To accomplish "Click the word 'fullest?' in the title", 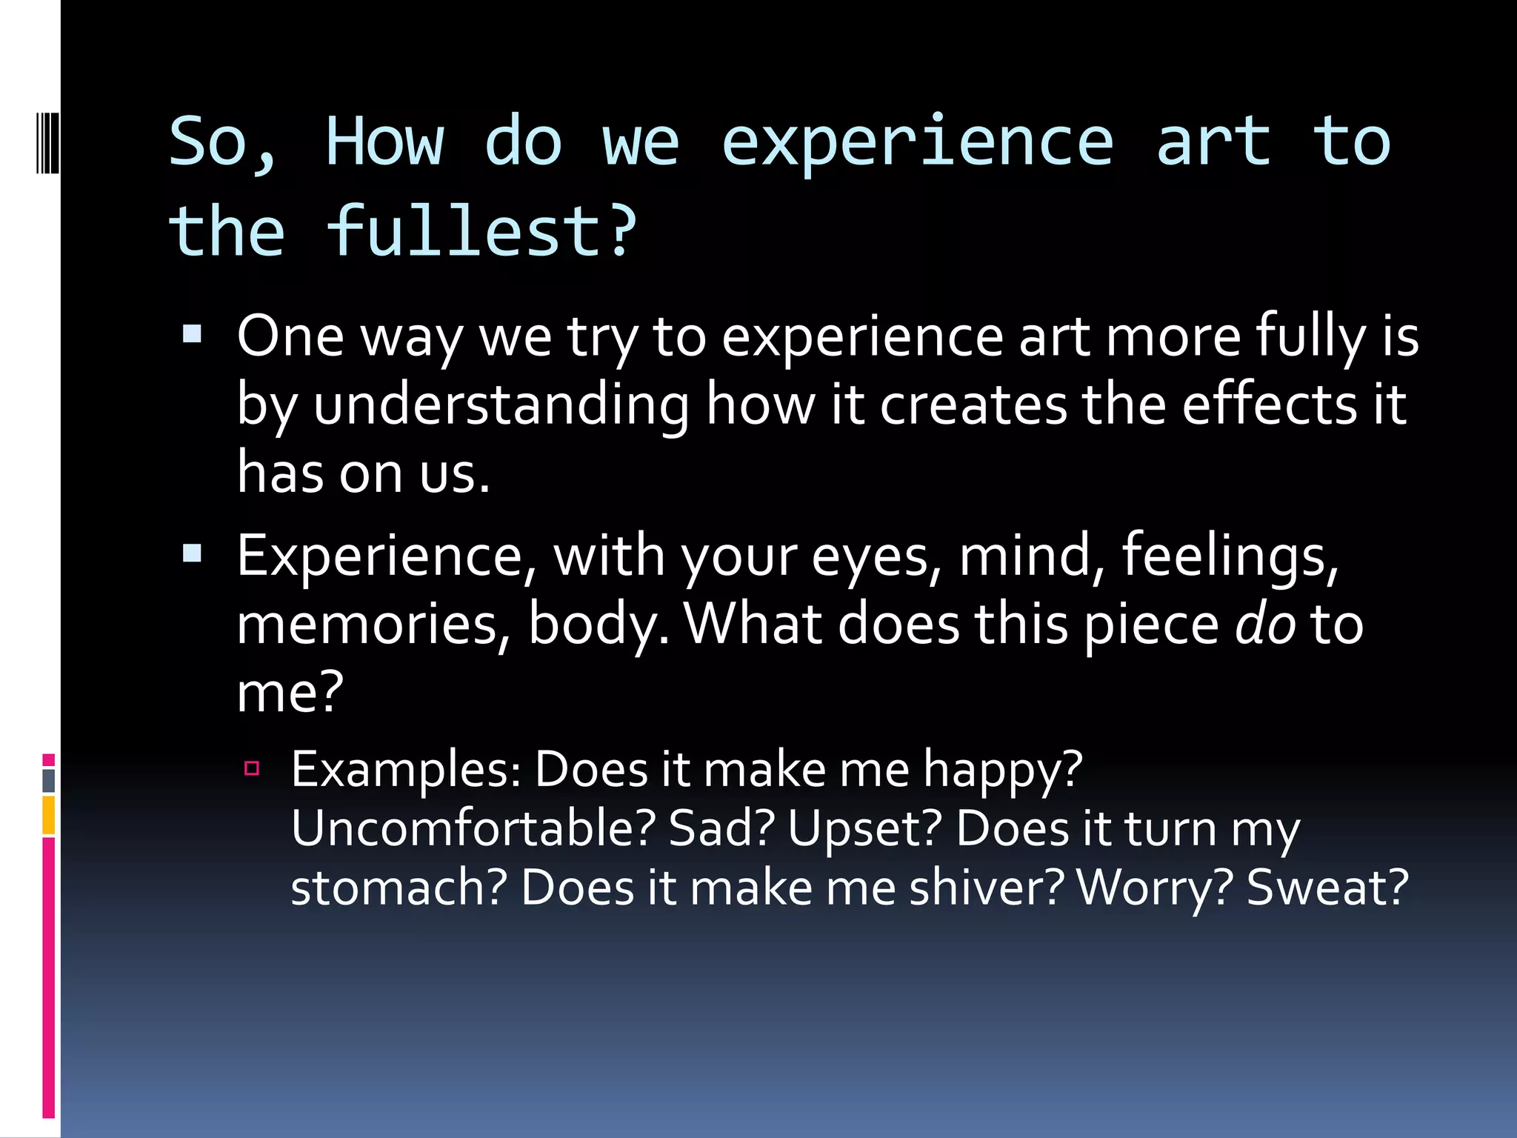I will tap(481, 231).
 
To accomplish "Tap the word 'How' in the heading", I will tap(384, 142).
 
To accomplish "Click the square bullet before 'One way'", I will tap(192, 335).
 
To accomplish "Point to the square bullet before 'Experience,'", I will tap(192, 553).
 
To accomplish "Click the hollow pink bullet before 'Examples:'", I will tap(252, 768).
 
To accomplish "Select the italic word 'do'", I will tap(1265, 624).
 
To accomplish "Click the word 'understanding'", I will tap(501, 405).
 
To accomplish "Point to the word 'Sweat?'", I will tap(1327, 888).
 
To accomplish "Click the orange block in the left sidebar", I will tap(48, 815).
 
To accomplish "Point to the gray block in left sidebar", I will tap(48, 781).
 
